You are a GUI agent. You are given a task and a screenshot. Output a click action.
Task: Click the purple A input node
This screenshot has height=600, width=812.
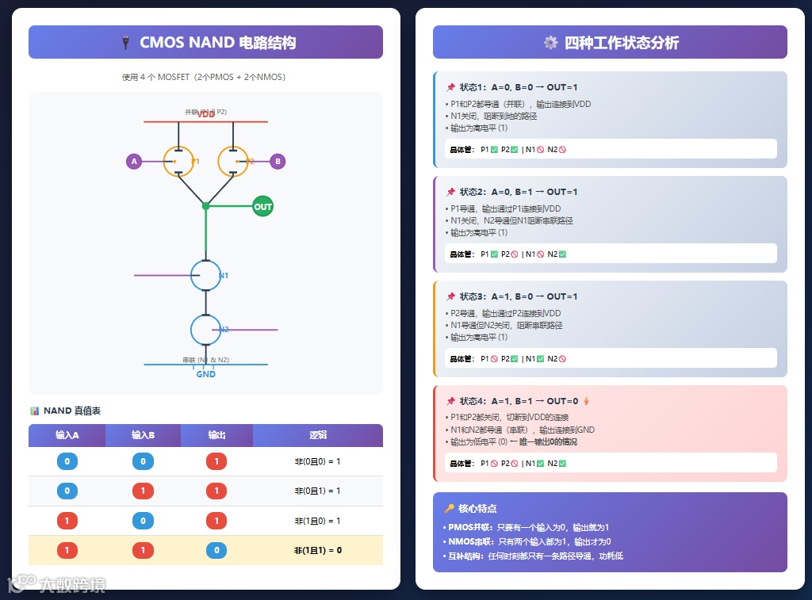pyautogui.click(x=134, y=162)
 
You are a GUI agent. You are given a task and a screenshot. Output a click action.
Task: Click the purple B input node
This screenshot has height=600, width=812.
pyautogui.click(x=278, y=162)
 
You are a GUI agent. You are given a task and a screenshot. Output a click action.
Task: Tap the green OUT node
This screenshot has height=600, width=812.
pyautogui.click(x=262, y=207)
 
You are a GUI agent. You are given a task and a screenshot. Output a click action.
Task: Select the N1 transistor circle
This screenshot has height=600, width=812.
pyautogui.click(x=205, y=275)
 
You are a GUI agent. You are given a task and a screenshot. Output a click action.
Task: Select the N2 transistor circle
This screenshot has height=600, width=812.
pyautogui.click(x=205, y=330)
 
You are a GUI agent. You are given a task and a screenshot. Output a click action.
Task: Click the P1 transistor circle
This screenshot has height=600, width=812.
pyautogui.click(x=178, y=162)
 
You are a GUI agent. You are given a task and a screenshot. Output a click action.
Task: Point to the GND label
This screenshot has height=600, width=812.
pyautogui.click(x=205, y=374)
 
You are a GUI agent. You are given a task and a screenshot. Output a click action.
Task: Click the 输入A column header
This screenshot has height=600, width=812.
pyautogui.click(x=67, y=435)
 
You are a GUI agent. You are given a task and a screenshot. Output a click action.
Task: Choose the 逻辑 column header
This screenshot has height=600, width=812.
pyautogui.click(x=318, y=435)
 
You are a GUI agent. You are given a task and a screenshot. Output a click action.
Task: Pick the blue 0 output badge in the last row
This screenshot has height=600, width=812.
pyautogui.click(x=216, y=550)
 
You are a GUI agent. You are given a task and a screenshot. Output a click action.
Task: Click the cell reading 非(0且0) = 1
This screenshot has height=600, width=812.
pyautogui.click(x=317, y=461)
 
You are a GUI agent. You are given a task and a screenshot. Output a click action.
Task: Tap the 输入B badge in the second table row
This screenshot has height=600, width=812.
pyautogui.click(x=143, y=491)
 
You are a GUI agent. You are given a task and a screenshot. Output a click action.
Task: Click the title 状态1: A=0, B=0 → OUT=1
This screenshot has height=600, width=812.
pyautogui.click(x=519, y=87)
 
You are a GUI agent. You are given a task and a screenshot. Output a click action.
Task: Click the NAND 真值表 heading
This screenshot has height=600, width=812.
pyautogui.click(x=72, y=411)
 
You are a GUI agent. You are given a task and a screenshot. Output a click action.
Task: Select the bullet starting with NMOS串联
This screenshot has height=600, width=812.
pyautogui.click(x=527, y=541)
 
